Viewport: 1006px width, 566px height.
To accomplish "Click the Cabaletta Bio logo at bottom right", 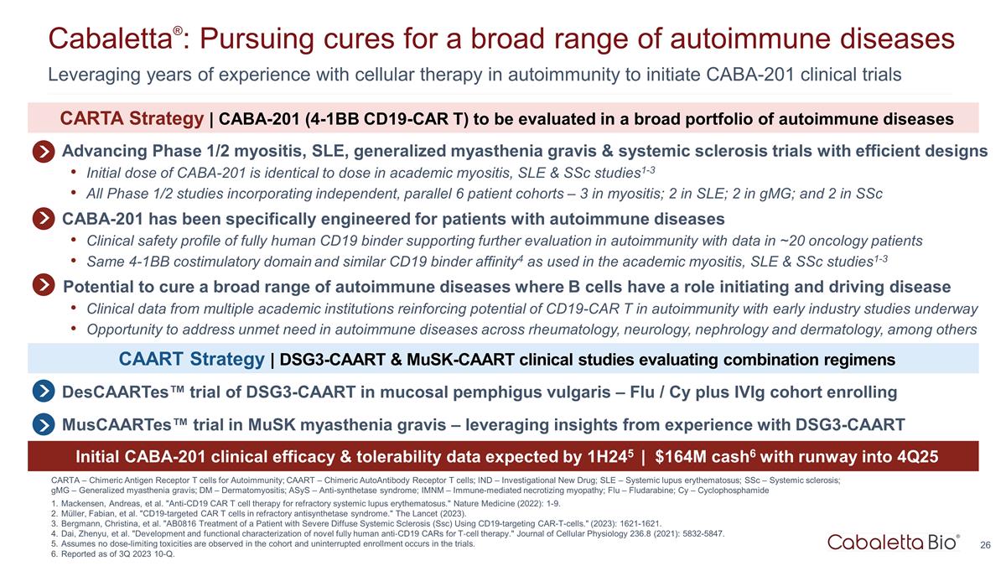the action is point(894,543).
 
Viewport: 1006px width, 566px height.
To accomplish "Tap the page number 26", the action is point(985,545).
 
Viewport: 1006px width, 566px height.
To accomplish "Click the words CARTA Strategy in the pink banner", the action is point(132,118).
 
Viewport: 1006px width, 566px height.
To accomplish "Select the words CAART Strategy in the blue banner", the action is point(191,359).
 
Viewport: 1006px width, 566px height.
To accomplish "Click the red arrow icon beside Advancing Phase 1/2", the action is point(44,152).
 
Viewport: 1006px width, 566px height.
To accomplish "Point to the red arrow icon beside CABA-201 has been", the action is point(44,219).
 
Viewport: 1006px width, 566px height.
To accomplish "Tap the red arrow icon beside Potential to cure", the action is point(44,285).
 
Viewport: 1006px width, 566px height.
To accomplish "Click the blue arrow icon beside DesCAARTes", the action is point(44,392).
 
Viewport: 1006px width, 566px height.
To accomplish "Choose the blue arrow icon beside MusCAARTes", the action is point(44,424).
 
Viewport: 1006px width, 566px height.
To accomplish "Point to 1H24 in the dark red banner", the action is point(607,457).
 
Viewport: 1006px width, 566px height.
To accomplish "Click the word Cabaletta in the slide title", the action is point(111,39).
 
